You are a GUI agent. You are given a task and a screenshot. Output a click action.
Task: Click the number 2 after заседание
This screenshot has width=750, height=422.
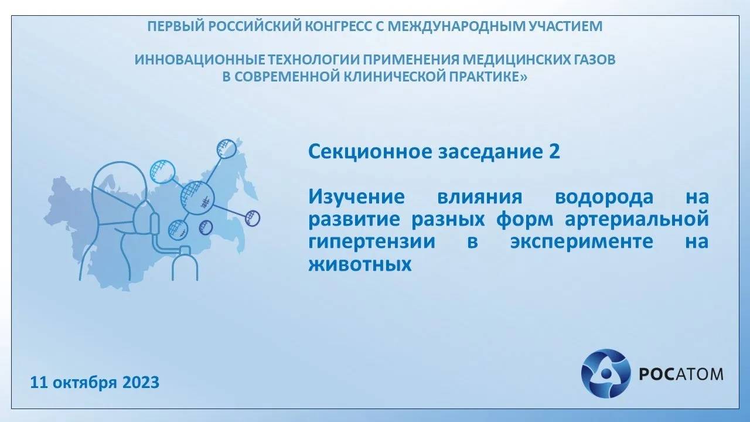(x=554, y=152)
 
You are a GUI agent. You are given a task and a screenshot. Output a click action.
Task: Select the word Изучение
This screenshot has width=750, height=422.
(x=356, y=197)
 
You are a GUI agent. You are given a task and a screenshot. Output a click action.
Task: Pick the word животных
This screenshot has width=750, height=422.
(x=358, y=264)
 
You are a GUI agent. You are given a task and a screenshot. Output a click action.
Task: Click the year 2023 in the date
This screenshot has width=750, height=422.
(x=141, y=383)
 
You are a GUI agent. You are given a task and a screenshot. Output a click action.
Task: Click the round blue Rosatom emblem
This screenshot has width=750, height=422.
(x=604, y=373)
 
